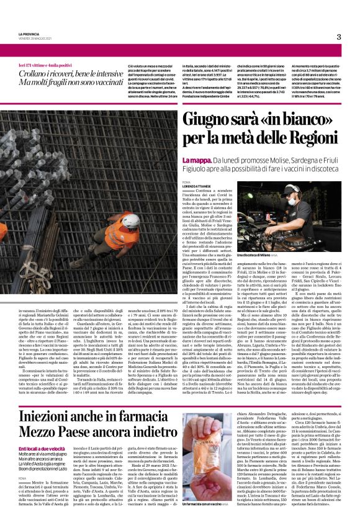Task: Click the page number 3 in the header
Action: (x=339, y=37)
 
